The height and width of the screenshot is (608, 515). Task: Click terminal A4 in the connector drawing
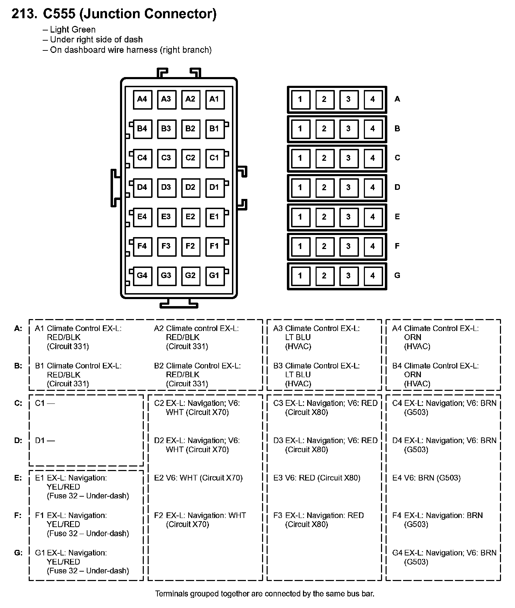pyautogui.click(x=142, y=99)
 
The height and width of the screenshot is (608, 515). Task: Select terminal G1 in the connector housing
pyautogui.click(x=214, y=275)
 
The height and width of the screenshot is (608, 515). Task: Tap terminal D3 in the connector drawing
pyautogui.click(x=166, y=187)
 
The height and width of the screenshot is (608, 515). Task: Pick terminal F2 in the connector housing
pyautogui.click(x=190, y=246)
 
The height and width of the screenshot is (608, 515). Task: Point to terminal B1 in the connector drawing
pyautogui.click(x=214, y=129)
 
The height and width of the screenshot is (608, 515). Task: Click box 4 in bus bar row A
pyautogui.click(x=373, y=99)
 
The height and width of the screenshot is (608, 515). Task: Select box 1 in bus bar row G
pyautogui.click(x=300, y=275)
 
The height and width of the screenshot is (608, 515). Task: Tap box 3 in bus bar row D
pyautogui.click(x=348, y=187)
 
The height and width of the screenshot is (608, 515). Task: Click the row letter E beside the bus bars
pyautogui.click(x=397, y=216)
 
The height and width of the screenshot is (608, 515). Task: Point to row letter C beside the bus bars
pyautogui.click(x=397, y=158)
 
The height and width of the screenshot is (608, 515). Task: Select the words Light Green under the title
pyautogui.click(x=73, y=30)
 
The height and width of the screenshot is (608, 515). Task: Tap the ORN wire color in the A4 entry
pyautogui.click(x=412, y=337)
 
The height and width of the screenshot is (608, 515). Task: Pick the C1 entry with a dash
pyautogui.click(x=45, y=403)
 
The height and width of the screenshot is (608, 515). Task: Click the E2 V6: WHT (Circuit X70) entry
pyautogui.click(x=198, y=478)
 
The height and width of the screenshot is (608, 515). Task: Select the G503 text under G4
pyautogui.click(x=416, y=562)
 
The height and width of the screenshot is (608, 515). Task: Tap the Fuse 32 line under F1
pyautogui.click(x=88, y=533)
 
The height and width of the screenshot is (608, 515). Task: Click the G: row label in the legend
pyautogui.click(x=18, y=553)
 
